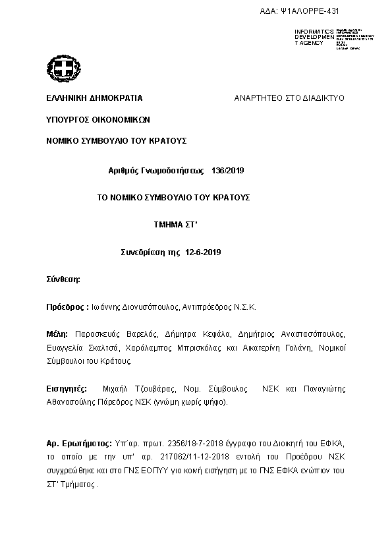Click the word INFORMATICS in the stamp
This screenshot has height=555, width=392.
tap(314, 31)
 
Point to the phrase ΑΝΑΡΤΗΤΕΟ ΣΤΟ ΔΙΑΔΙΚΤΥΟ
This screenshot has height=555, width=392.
tap(289, 98)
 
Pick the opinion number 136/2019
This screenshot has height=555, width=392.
tap(228, 171)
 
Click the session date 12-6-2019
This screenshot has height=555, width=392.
tap(204, 252)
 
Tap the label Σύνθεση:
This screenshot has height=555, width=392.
tap(63, 279)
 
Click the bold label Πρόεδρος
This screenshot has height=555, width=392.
tap(67, 307)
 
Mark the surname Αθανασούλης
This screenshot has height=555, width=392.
tap(74, 401)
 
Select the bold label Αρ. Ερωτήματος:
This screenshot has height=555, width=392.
tap(80, 444)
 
